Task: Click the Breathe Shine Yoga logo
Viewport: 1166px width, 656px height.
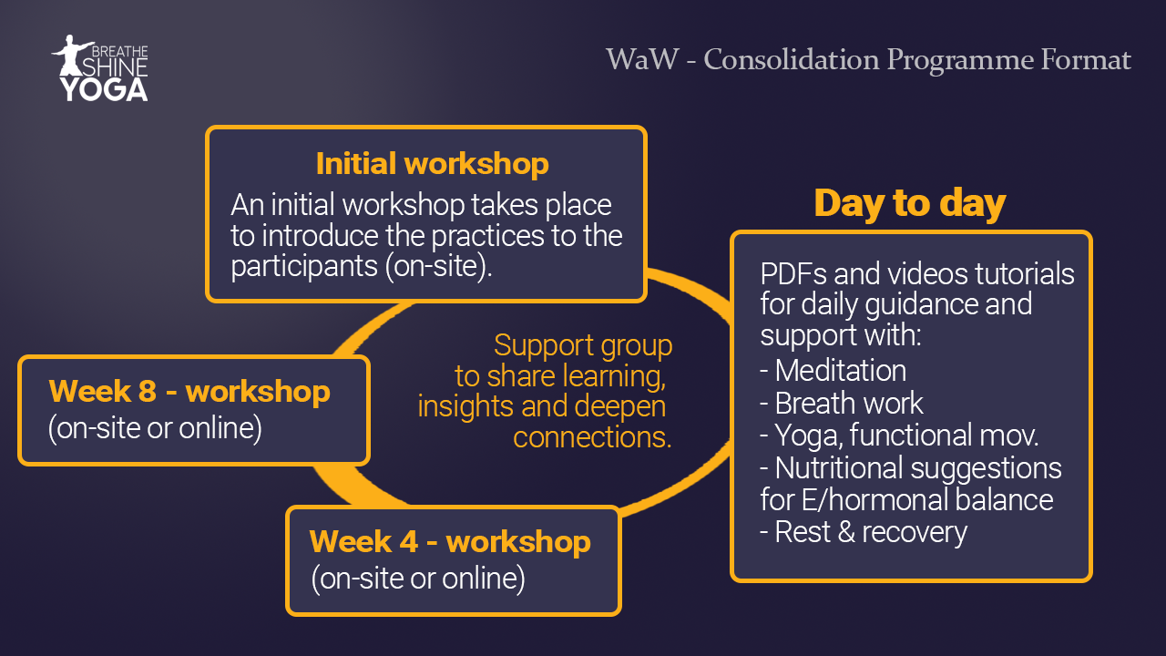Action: coord(100,68)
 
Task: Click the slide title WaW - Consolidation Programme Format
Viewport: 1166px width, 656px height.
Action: coord(868,59)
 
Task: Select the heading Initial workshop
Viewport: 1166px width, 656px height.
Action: coord(432,163)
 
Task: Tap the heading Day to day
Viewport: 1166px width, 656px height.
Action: coord(909,203)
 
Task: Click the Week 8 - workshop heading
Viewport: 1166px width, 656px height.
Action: coord(189,391)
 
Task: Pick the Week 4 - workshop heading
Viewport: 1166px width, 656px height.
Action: coord(450,541)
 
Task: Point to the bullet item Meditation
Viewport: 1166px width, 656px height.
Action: coord(833,371)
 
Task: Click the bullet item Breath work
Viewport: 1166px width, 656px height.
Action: coord(841,403)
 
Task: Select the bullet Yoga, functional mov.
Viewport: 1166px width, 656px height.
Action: coord(899,436)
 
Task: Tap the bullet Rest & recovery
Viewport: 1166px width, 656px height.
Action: coord(864,532)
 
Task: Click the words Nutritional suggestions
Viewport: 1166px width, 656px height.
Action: coord(918,468)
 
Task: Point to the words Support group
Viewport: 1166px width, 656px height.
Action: coord(583,345)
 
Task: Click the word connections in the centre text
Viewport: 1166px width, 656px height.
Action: coord(592,436)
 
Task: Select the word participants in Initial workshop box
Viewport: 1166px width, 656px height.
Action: coord(304,267)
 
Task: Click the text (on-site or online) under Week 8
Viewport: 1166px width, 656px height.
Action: coord(155,428)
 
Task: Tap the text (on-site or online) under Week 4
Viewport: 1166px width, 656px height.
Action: coord(418,579)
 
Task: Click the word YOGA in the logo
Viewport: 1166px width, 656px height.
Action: coord(104,89)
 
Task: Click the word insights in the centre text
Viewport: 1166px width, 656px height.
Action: coord(466,406)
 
